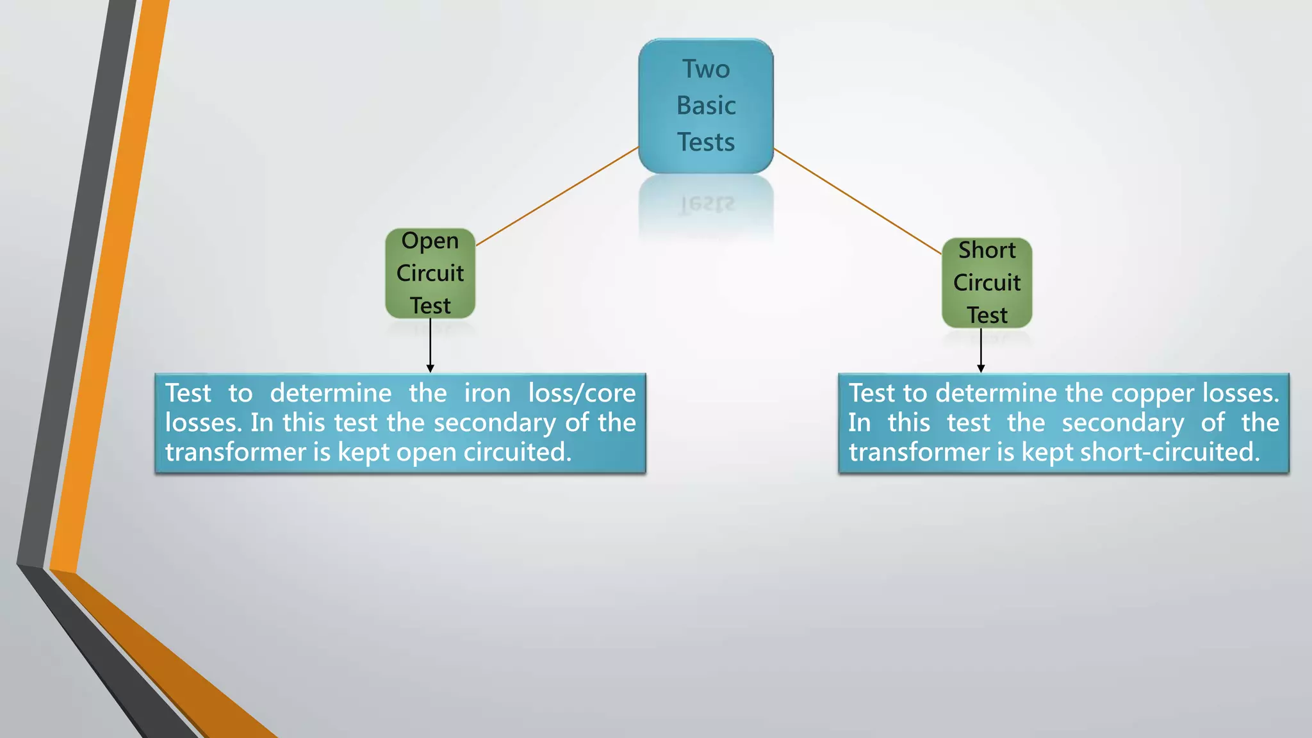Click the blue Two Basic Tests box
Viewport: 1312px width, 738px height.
point(705,106)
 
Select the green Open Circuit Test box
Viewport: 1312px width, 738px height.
point(430,274)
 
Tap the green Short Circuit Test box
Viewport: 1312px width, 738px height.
point(987,283)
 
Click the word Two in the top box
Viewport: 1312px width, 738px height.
point(705,69)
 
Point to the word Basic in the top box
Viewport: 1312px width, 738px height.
point(705,106)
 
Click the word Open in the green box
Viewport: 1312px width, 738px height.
point(430,241)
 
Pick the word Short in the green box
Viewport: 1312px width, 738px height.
point(987,250)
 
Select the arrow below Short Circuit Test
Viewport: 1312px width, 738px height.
point(981,350)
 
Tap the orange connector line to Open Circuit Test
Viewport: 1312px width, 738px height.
point(557,196)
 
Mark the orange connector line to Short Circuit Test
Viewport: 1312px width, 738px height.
point(858,202)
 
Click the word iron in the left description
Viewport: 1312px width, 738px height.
point(487,393)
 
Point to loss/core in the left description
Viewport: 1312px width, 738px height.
point(581,393)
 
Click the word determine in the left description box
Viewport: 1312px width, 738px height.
point(331,393)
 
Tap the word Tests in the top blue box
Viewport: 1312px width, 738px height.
point(705,142)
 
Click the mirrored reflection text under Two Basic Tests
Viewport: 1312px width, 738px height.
point(707,204)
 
